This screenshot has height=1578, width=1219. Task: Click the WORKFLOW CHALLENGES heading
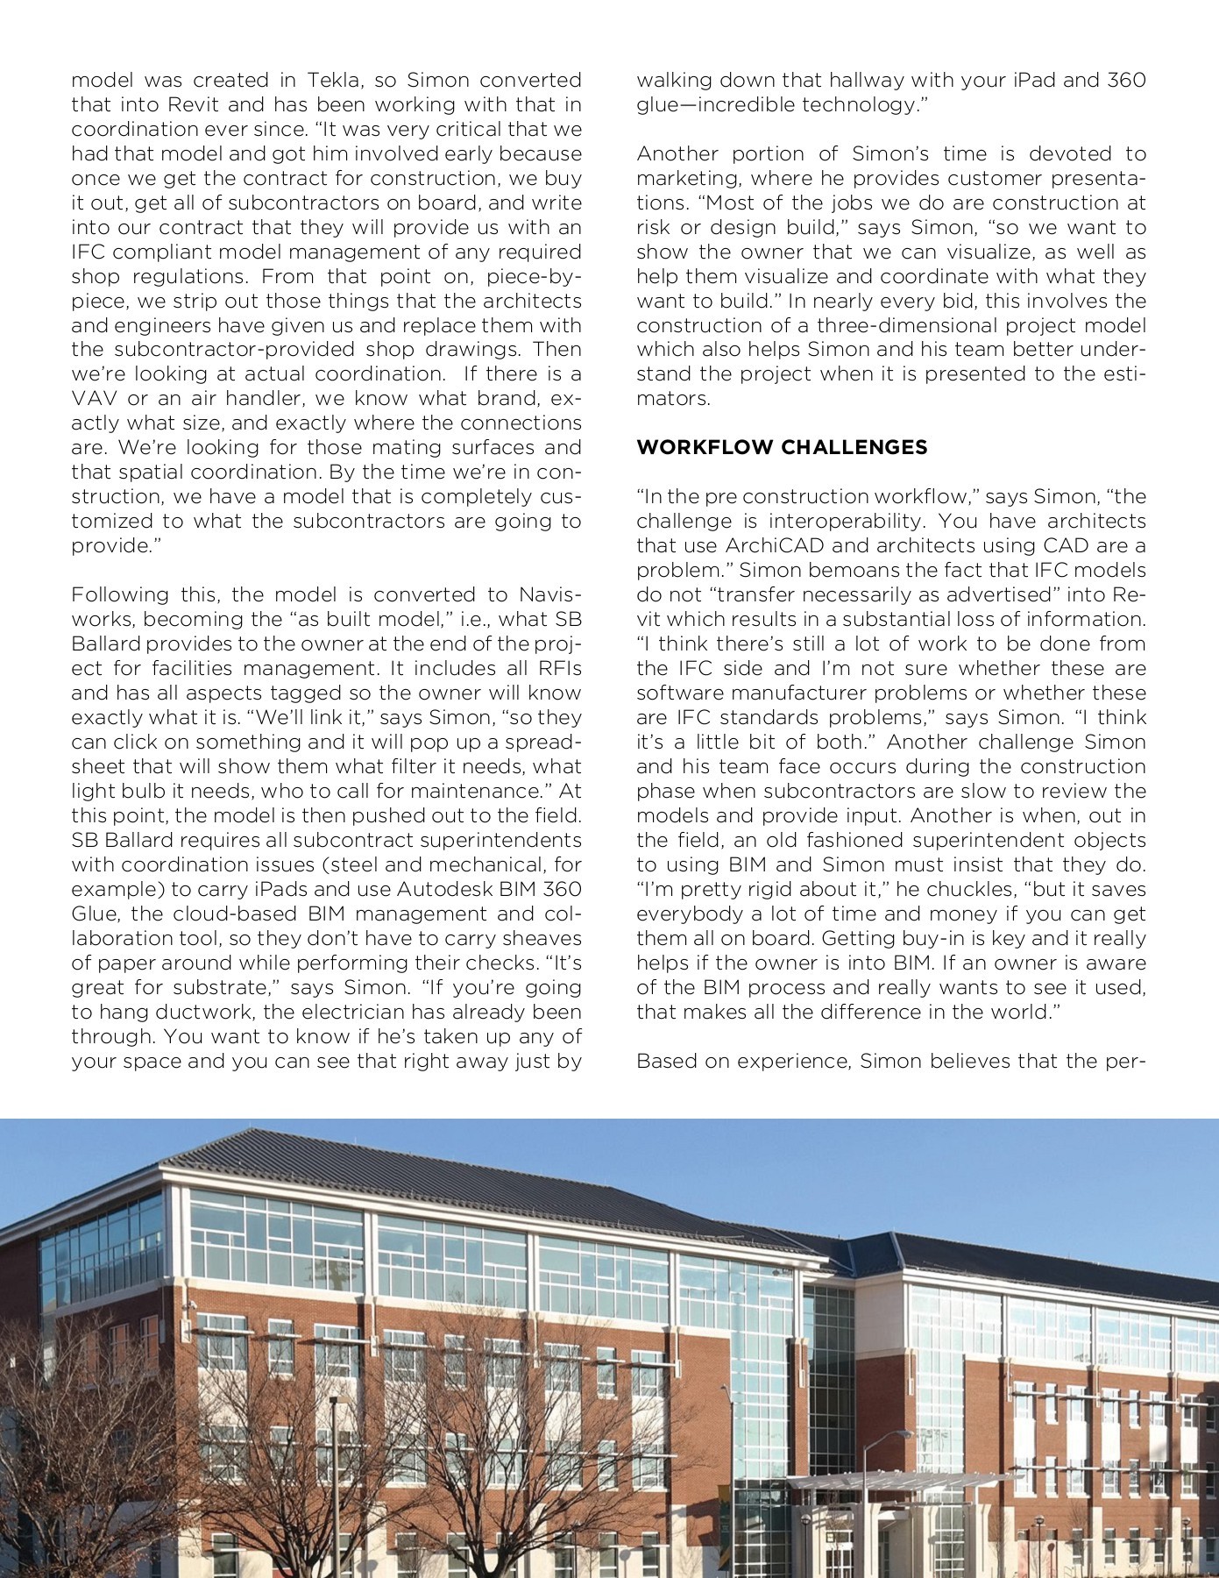click(782, 447)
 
